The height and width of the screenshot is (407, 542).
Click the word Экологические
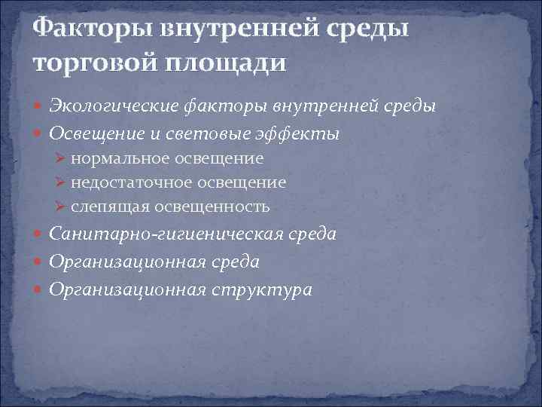click(x=114, y=106)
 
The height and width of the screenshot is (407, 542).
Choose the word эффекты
click(x=309, y=133)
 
